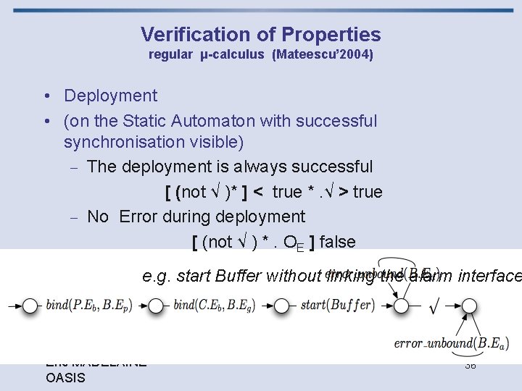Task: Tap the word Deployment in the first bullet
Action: pyautogui.click(x=110, y=96)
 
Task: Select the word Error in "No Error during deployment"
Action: pyautogui.click(x=140, y=216)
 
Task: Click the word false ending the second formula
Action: pyautogui.click(x=337, y=242)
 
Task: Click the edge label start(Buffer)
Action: pyautogui.click(x=338, y=305)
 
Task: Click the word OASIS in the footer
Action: pyautogui.click(x=65, y=378)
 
